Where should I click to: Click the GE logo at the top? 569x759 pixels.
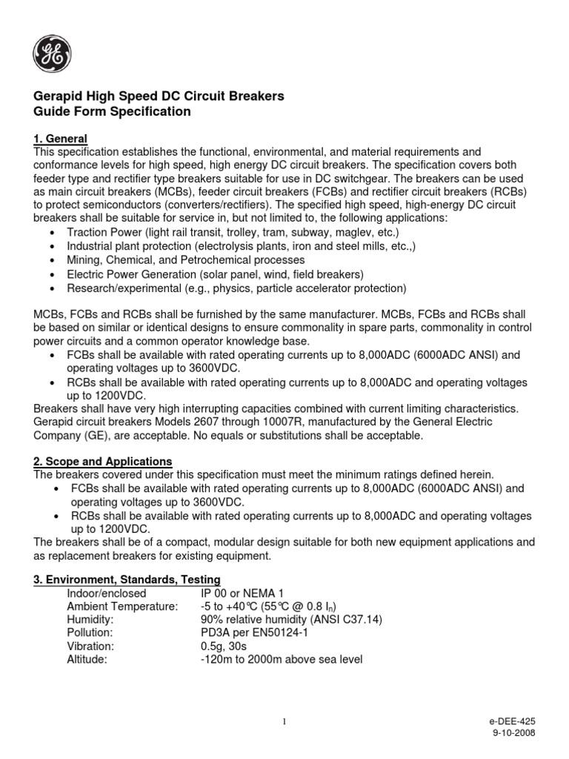tap(52, 53)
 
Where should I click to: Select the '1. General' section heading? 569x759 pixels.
tap(61, 139)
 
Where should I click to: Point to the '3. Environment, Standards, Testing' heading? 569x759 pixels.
tap(127, 579)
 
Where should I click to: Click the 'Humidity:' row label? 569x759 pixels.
tap(90, 619)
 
